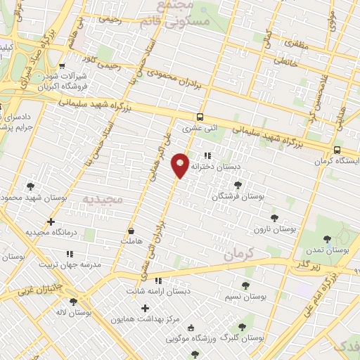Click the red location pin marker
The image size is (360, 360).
pos(181,165)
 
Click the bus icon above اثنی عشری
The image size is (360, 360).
pos(200,117)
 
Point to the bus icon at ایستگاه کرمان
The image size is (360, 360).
pos(337,150)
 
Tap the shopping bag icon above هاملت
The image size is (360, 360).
pos(131,230)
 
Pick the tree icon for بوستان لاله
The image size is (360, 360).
pos(73,302)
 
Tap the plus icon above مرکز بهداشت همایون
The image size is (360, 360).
pos(146,308)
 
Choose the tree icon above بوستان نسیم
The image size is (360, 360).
pos(245,285)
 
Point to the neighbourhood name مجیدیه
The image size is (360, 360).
pos(103,200)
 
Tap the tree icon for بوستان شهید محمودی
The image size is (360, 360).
pos(30,186)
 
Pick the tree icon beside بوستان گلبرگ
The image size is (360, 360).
pos(242,327)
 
